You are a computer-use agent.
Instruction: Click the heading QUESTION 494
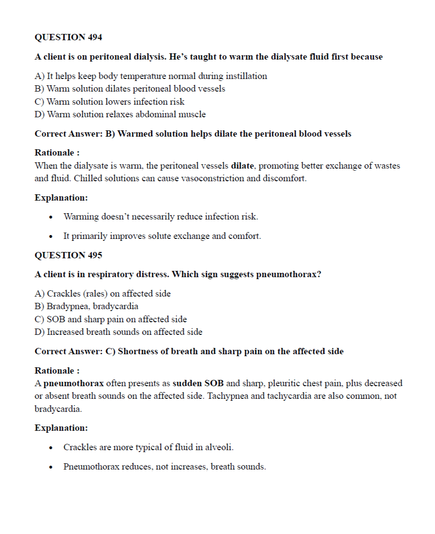pos(68,37)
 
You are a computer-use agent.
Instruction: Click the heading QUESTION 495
pos(68,255)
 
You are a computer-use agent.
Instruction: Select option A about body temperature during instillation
pos(151,76)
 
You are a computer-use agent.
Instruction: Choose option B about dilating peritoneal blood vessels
pos(130,89)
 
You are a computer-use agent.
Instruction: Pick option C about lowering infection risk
pos(110,102)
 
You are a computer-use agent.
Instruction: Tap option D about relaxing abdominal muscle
pos(120,114)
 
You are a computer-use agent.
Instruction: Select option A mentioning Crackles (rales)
pos(103,294)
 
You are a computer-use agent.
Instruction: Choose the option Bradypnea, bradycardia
pos(86,306)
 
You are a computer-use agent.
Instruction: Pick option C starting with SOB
pos(111,319)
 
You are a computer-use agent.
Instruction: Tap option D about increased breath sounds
pos(119,332)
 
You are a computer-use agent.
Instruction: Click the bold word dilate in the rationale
pos(242,166)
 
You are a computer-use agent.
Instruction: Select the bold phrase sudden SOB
pos(198,383)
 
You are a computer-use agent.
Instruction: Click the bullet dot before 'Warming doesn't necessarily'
pos(51,217)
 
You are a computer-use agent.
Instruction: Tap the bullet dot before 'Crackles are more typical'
pos(51,448)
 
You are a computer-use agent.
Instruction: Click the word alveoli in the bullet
pos(220,447)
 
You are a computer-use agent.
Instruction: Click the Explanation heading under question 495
pos(61,428)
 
